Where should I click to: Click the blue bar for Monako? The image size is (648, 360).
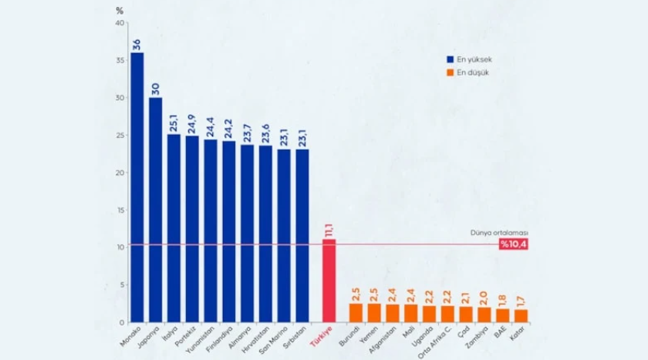pyautogui.click(x=137, y=187)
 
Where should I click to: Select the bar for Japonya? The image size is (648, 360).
pyautogui.click(x=155, y=210)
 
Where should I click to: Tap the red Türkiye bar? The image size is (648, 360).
pyautogui.click(x=329, y=281)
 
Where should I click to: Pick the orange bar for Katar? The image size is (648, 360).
pyautogui.click(x=521, y=316)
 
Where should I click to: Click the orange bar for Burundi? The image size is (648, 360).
pyautogui.click(x=356, y=313)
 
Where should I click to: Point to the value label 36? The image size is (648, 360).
pyautogui.click(x=137, y=45)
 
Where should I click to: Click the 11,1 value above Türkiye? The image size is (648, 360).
pyautogui.click(x=329, y=230)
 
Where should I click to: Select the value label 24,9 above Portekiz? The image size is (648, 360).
pyautogui.click(x=191, y=124)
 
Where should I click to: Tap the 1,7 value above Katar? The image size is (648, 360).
pyautogui.click(x=521, y=301)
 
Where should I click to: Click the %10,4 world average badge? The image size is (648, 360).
pyautogui.click(x=513, y=244)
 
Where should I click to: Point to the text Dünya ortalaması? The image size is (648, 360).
pyautogui.click(x=499, y=233)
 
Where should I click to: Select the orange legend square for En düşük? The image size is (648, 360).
pyautogui.click(x=450, y=72)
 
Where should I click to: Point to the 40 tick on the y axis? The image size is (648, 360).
pyautogui.click(x=120, y=23)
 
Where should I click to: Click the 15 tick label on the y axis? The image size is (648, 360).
pyautogui.click(x=120, y=210)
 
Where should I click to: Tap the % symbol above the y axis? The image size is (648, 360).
pyautogui.click(x=120, y=11)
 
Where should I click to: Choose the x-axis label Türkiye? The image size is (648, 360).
pyautogui.click(x=321, y=336)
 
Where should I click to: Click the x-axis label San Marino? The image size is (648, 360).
pyautogui.click(x=273, y=340)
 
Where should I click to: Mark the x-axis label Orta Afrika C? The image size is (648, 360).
pyautogui.click(x=434, y=342)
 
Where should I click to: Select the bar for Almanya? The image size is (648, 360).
pyautogui.click(x=247, y=234)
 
